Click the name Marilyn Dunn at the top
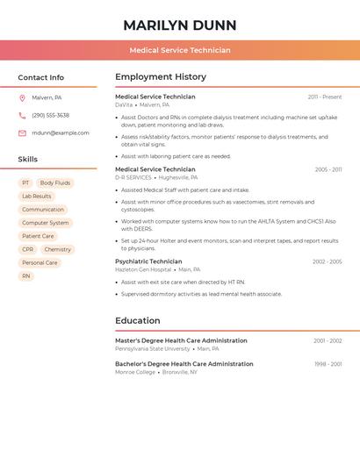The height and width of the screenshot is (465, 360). [x=180, y=25]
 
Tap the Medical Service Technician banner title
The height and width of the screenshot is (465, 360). [x=180, y=50]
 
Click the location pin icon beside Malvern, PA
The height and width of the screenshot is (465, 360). [x=22, y=97]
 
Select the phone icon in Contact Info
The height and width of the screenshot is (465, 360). [x=22, y=115]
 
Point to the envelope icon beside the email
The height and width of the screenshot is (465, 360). [x=22, y=133]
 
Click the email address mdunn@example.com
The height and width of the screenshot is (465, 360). [x=61, y=133]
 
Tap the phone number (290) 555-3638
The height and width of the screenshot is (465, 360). [x=50, y=115]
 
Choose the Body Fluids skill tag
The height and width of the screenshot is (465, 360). [x=55, y=183]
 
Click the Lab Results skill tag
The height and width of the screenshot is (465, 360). [x=37, y=197]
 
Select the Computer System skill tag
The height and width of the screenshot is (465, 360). [x=46, y=223]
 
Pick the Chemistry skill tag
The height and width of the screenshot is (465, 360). [x=57, y=249]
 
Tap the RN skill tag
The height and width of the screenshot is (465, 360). [x=26, y=275]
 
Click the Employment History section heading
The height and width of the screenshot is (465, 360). [x=160, y=77]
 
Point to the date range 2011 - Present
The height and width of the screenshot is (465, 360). [x=324, y=97]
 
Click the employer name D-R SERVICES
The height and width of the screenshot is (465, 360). [x=133, y=177]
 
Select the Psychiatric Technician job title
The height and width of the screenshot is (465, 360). [x=148, y=261]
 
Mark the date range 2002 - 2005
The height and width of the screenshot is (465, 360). [x=327, y=261]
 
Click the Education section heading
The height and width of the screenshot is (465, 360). [x=137, y=320]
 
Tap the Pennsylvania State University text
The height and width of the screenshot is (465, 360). [x=152, y=348]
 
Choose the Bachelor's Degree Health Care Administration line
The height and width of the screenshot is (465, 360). [x=184, y=363]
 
